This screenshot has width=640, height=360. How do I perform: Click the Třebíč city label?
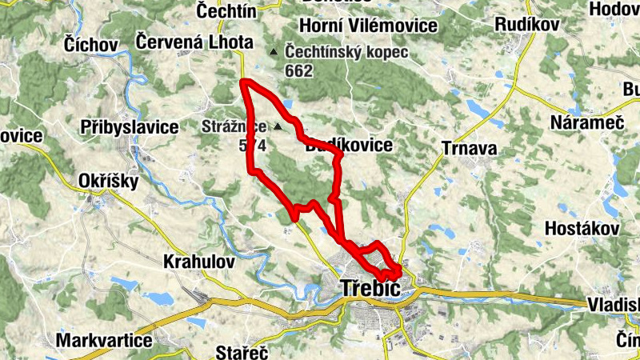coord(370,288)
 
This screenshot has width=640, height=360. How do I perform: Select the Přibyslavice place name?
coord(130,126)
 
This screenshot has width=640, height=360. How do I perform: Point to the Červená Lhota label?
coord(194,42)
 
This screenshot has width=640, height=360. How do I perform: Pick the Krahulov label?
coord(198,261)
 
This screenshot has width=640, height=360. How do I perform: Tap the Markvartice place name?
coord(104,341)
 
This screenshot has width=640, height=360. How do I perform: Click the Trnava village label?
coord(470,148)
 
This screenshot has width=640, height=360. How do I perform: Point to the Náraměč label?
coord(582,122)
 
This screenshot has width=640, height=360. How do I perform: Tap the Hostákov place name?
coord(582,228)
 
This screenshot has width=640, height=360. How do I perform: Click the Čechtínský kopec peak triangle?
coord(274,53)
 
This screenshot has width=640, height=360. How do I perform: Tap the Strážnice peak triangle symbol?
coord(278,126)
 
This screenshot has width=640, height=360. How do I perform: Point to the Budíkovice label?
coord(349,146)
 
